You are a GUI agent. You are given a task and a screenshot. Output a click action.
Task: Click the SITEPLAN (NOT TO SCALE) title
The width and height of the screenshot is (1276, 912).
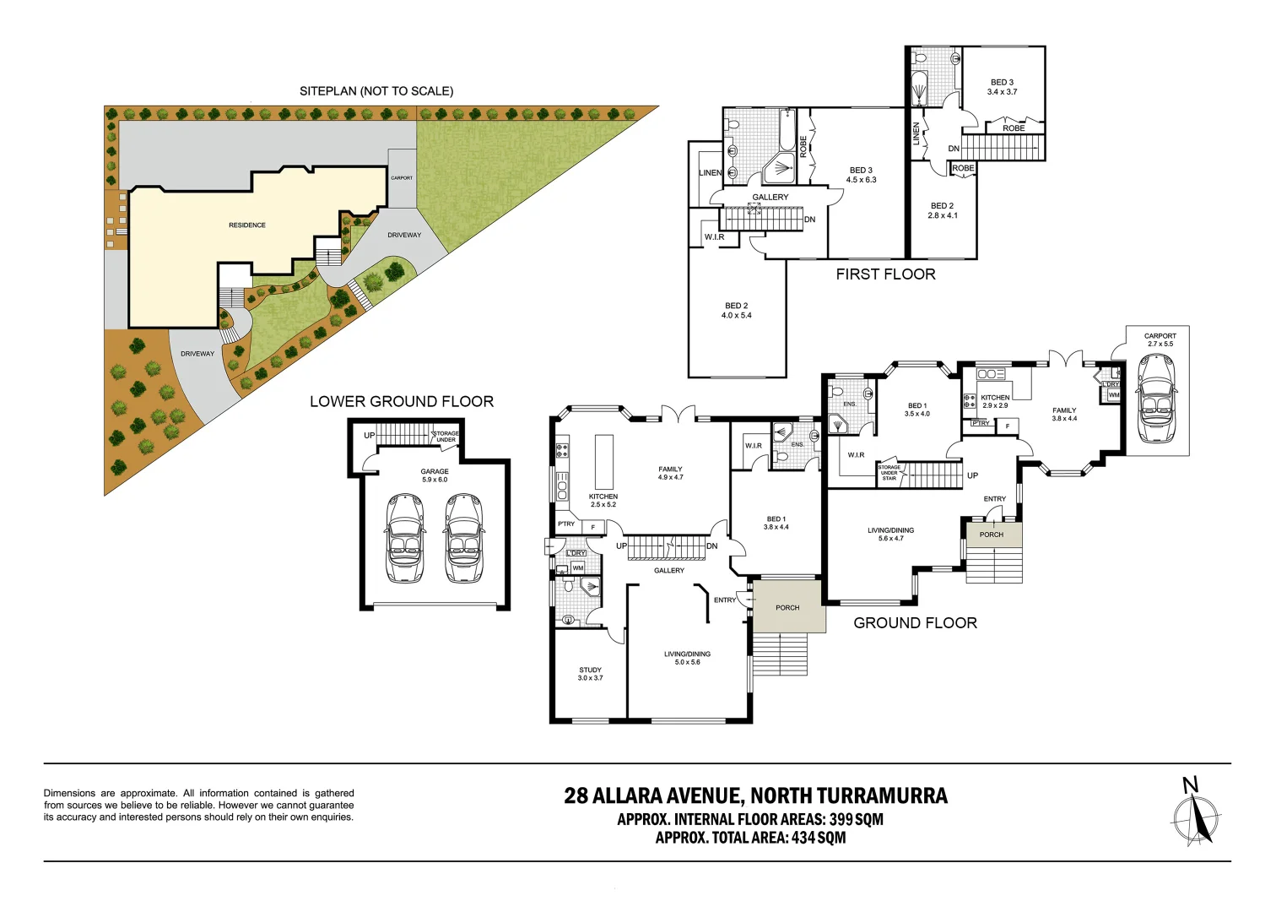(376, 91)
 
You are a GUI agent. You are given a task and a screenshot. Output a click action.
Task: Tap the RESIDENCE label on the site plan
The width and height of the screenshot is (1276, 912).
(247, 225)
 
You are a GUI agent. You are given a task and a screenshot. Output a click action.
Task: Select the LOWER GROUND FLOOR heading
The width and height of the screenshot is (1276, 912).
(402, 401)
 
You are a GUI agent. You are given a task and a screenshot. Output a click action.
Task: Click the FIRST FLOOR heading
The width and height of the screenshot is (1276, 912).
(886, 274)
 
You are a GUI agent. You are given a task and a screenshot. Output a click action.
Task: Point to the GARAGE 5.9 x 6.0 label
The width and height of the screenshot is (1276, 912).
(435, 475)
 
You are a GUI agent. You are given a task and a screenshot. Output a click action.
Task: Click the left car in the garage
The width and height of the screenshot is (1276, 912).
(405, 538)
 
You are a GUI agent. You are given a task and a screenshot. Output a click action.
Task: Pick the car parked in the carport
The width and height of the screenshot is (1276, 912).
(1156, 399)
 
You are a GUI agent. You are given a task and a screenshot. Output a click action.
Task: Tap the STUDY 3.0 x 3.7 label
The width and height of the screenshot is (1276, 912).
(590, 674)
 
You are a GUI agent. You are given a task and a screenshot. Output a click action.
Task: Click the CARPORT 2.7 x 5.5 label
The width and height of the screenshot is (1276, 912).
(1160, 339)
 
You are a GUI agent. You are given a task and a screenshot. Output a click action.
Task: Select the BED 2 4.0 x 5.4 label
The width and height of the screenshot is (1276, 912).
(737, 310)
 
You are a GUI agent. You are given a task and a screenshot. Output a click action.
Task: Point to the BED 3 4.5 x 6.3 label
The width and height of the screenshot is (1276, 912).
(862, 175)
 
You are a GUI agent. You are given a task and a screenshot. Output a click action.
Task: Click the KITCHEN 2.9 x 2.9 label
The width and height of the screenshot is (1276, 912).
(995, 401)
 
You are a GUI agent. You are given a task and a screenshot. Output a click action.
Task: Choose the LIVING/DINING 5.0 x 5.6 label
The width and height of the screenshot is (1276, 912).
(688, 658)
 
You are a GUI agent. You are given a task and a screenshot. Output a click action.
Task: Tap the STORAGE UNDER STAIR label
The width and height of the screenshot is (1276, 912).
(889, 473)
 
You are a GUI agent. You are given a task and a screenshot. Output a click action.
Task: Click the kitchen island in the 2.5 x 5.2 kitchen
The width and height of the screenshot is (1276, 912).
(604, 460)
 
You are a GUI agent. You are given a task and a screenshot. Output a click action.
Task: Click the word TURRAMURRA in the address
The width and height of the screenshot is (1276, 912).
(883, 795)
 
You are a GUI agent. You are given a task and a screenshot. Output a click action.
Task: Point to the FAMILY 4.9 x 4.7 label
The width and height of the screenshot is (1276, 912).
(670, 473)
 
